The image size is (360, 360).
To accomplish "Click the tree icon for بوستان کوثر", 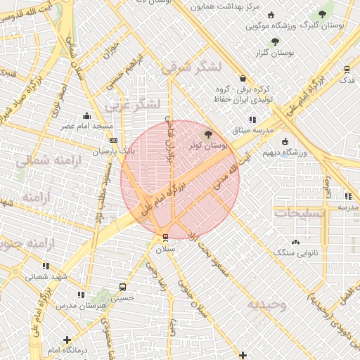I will click(x=207, y=134).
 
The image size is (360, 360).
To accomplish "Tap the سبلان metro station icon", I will click(x=165, y=237).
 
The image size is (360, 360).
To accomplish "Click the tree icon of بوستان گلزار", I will click(x=275, y=41).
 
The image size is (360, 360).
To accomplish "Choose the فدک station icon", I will click(x=347, y=69).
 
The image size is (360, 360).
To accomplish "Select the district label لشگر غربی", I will click(x=133, y=105).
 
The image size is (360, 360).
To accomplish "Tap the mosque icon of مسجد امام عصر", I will click(x=86, y=115).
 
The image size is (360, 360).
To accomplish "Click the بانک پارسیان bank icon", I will click(x=114, y=140).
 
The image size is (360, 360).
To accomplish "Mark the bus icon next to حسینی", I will click(x=123, y=287).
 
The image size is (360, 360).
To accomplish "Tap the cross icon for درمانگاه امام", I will click(x=67, y=340).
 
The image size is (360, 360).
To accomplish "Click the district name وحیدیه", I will click(x=266, y=305).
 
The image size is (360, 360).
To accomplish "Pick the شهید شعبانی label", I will click(x=46, y=276).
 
